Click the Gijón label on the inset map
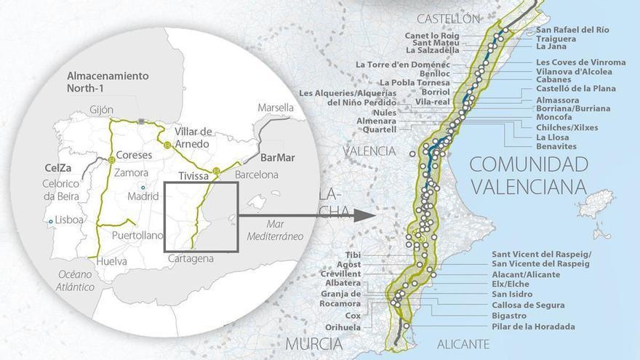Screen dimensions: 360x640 tap(101, 110)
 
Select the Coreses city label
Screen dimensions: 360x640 tap(134, 155)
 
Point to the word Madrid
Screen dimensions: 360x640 tap(143, 196)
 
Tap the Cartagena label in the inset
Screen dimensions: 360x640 tap(191, 258)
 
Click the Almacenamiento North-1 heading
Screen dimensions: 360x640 tap(107, 81)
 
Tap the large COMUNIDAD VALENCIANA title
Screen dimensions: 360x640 tap(527, 175)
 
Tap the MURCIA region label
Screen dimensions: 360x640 tap(313, 343)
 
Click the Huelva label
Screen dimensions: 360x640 tap(111, 261)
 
